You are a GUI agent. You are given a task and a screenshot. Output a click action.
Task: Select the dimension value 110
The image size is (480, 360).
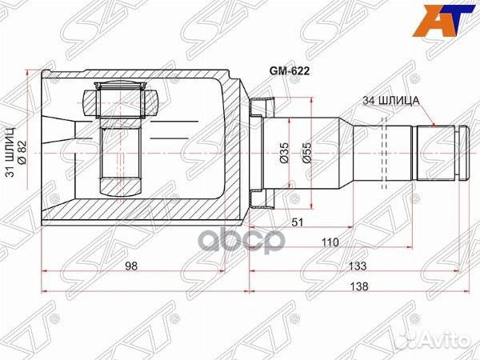coord(328,241)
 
